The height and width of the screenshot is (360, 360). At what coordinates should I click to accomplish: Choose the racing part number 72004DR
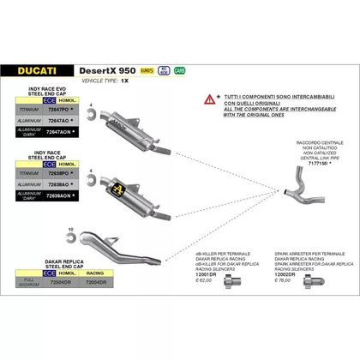click(x=97, y=281)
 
